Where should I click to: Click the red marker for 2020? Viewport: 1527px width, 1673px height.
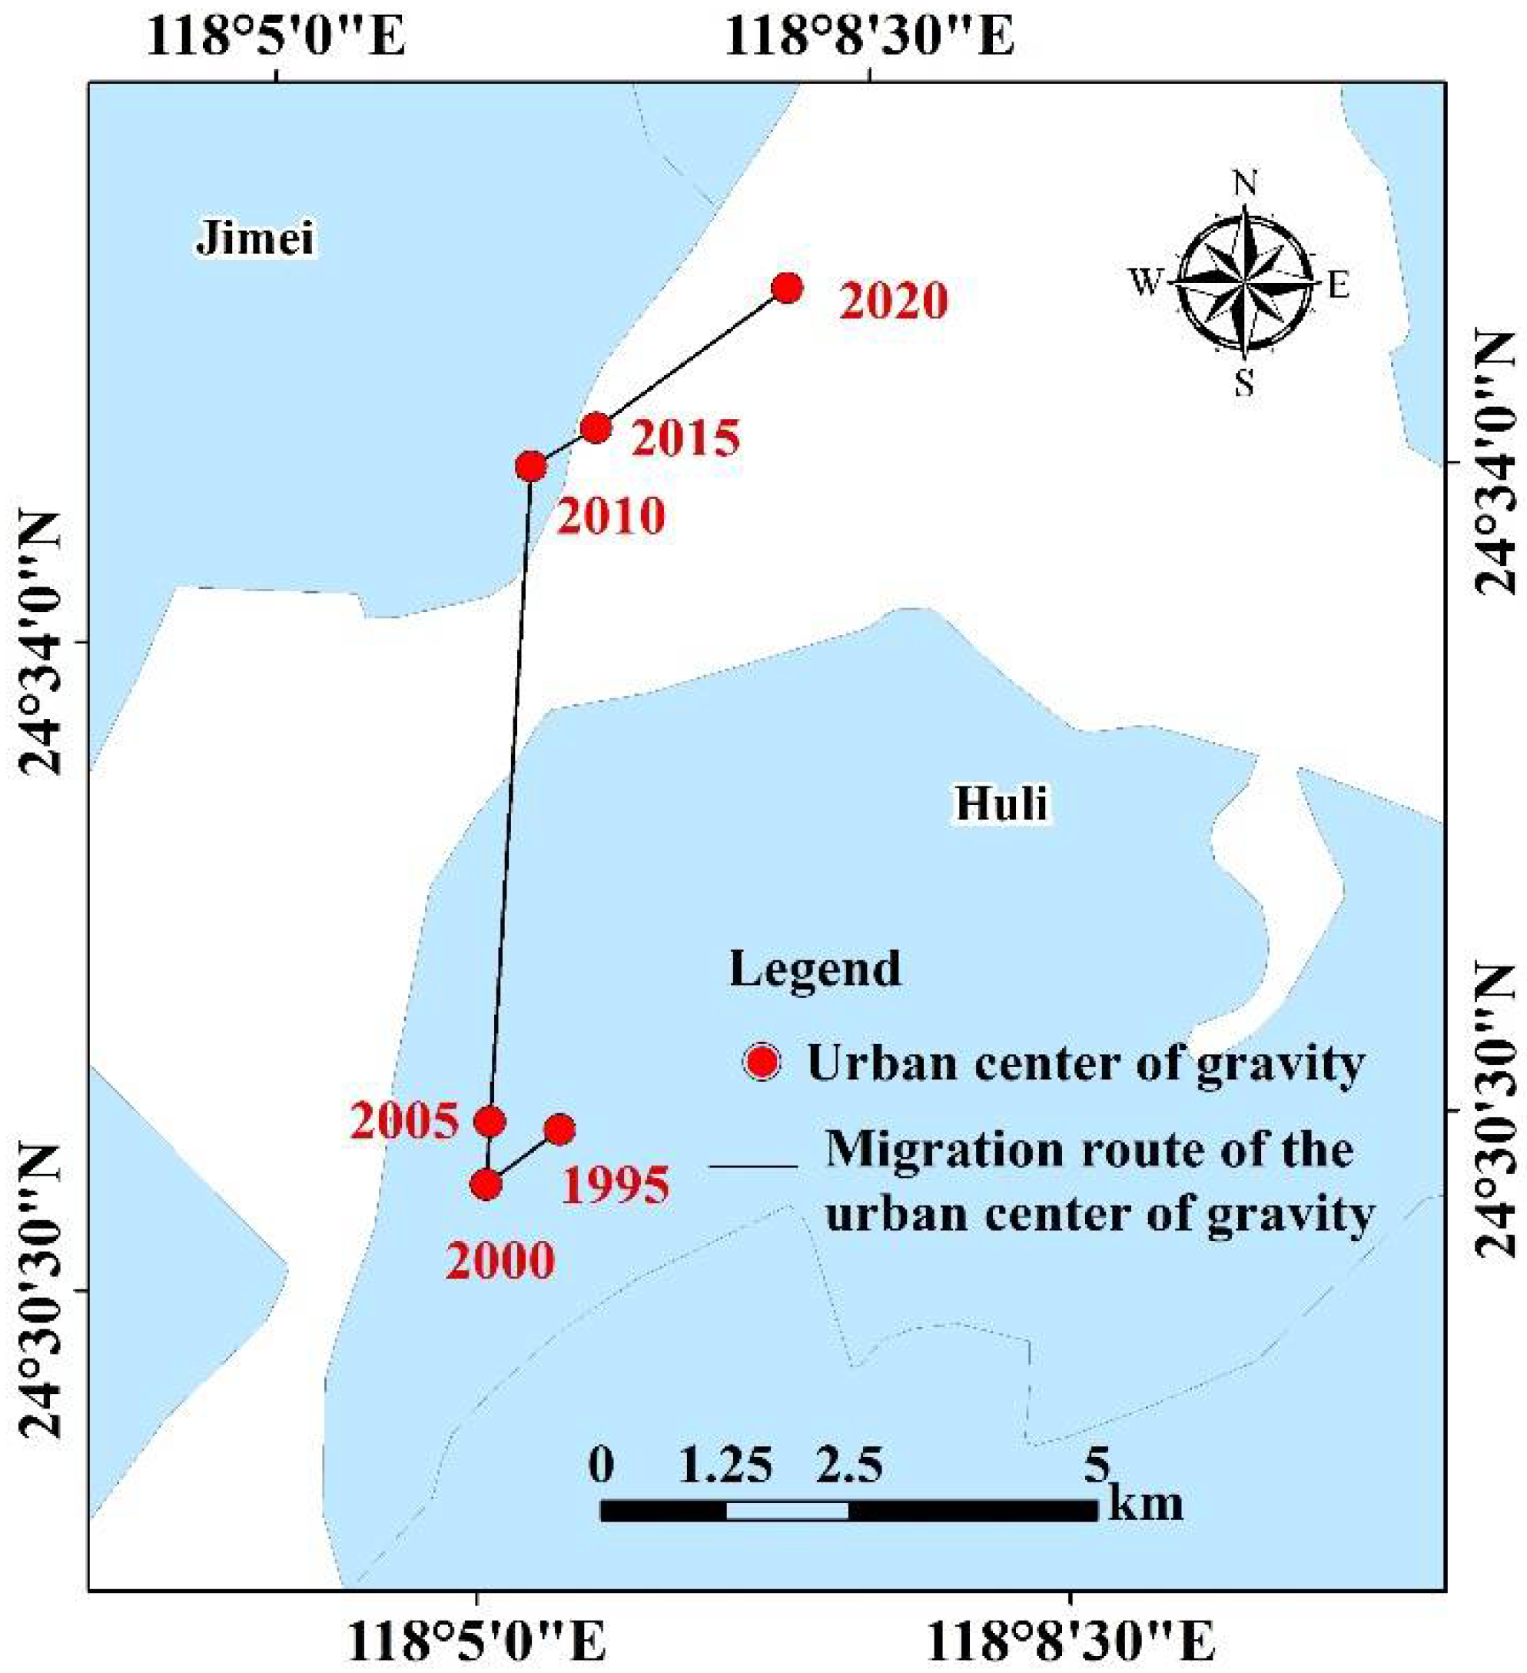coord(786,288)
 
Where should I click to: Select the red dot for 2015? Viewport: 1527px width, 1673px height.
coord(596,428)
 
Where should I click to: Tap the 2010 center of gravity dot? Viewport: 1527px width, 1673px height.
coord(531,467)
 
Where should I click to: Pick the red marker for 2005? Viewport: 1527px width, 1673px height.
coord(490,1122)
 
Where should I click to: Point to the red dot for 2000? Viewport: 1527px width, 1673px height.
coord(486,1184)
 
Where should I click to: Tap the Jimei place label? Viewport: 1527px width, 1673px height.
coord(255,239)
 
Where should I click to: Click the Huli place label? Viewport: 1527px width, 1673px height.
coord(1001,803)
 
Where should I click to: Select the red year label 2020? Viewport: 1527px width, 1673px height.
coord(893,301)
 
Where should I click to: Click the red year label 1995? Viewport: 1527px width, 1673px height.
coord(616,1185)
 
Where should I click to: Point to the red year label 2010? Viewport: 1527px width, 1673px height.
coord(610,516)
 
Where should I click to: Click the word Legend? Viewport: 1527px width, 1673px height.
coord(815,968)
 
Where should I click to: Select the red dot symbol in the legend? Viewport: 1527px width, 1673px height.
coord(761,1063)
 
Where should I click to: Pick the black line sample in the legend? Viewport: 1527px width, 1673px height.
coord(753,1168)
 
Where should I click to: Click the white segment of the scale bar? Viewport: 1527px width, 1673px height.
coord(786,1510)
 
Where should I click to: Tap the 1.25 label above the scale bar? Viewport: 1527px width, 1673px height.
coord(725,1465)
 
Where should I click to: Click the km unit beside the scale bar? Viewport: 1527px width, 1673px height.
coord(1146,1504)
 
